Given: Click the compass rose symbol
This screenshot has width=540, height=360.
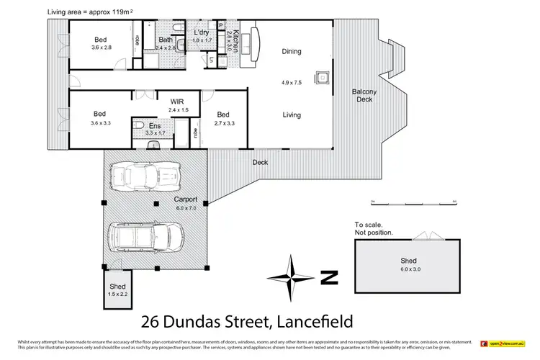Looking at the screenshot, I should [x=291, y=277].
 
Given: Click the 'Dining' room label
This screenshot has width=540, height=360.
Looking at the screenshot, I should [x=292, y=52].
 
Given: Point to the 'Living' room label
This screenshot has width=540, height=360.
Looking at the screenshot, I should [x=292, y=114].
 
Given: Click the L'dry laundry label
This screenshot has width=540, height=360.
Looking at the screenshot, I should [x=201, y=32].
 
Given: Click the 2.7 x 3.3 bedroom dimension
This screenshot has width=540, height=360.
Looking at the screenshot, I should [x=223, y=123].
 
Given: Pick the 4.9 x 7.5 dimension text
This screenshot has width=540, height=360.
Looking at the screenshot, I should [x=292, y=82].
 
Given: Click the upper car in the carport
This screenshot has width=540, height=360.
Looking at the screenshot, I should [x=143, y=175].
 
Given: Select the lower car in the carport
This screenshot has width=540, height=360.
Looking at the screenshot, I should [x=146, y=235].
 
